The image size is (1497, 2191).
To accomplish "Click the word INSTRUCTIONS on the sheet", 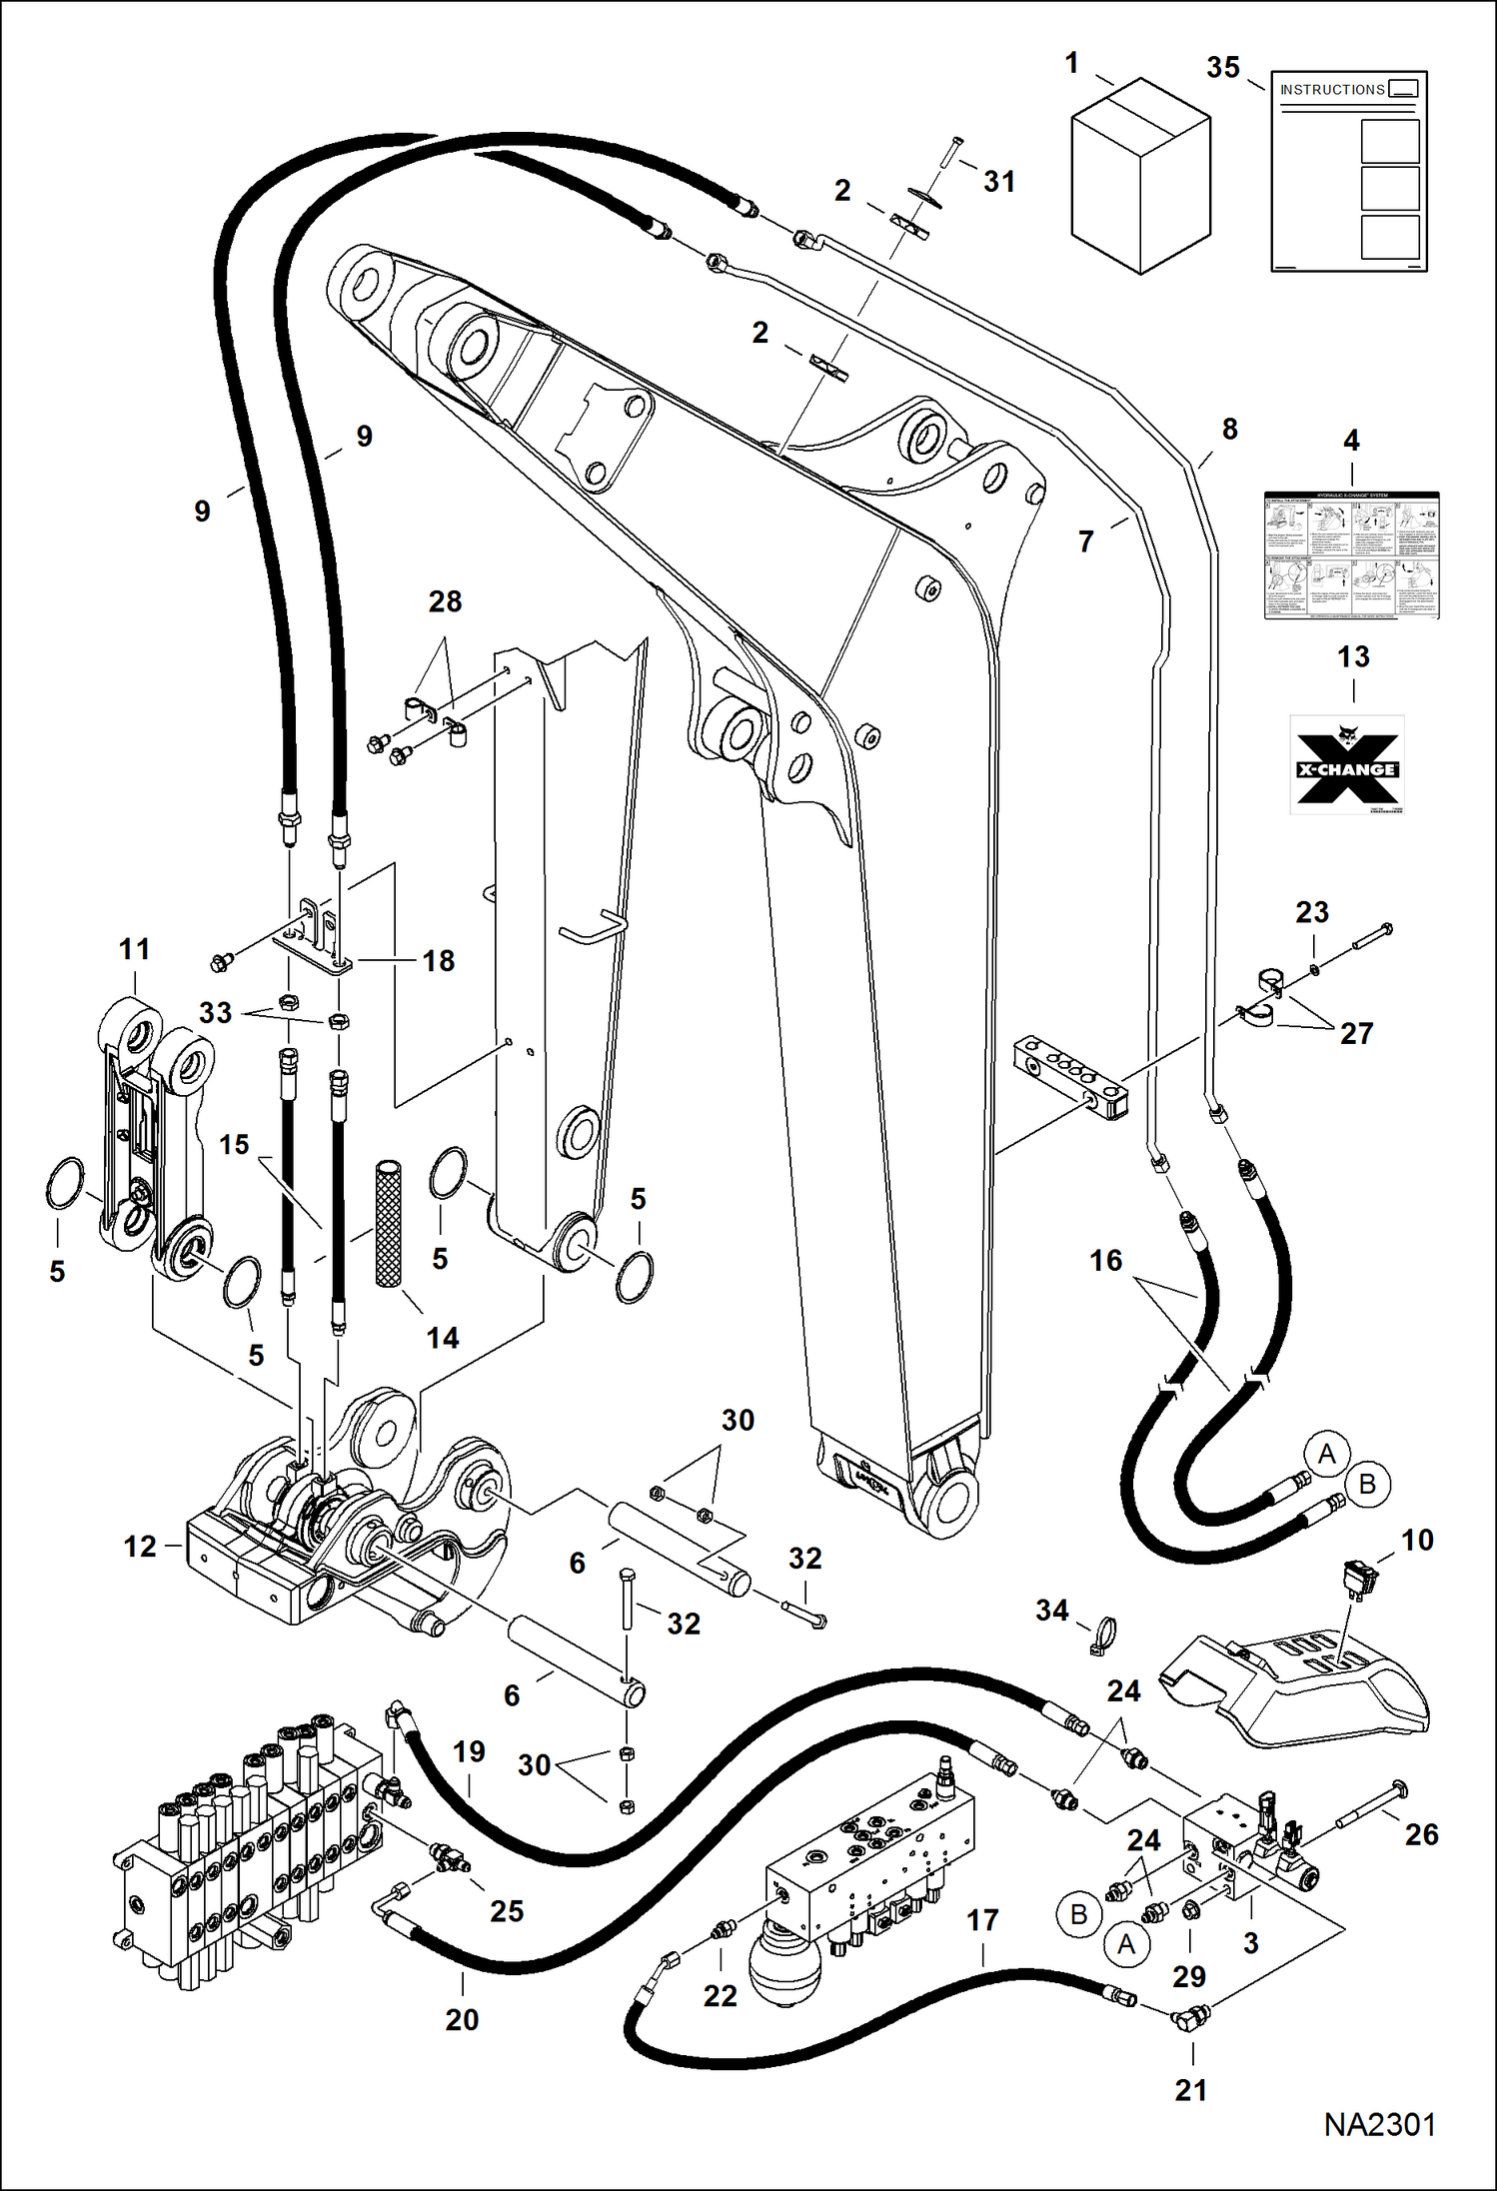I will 1331,90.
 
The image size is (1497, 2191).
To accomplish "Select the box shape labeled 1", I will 1140,179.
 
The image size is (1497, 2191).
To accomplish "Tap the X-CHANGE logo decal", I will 1346,764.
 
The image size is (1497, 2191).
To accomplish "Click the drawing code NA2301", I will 1379,2125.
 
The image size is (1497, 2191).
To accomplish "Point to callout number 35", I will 1223,68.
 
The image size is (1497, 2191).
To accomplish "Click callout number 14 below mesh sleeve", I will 443,1338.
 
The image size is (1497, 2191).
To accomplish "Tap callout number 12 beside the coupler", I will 140,1547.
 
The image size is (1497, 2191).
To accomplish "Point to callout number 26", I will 1421,1834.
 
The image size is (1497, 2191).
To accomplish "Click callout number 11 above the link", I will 135,949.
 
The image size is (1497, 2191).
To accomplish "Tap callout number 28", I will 445,601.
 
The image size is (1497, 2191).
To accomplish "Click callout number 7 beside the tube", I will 1086,542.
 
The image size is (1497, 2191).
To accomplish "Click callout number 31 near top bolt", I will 999,182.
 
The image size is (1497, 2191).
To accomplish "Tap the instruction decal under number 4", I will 1351,554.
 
